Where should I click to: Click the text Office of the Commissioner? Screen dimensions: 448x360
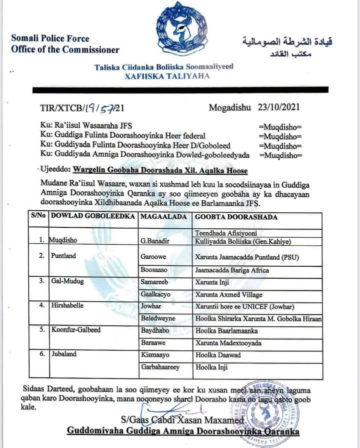point(65,50)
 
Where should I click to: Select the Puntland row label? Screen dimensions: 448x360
point(63,256)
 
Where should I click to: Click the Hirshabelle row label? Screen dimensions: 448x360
point(67,304)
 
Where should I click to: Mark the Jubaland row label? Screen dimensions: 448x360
point(64,354)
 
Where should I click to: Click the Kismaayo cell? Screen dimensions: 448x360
point(155,354)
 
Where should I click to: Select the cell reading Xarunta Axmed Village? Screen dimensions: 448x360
point(228,294)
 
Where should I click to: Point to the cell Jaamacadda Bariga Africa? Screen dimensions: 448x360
point(231,270)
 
